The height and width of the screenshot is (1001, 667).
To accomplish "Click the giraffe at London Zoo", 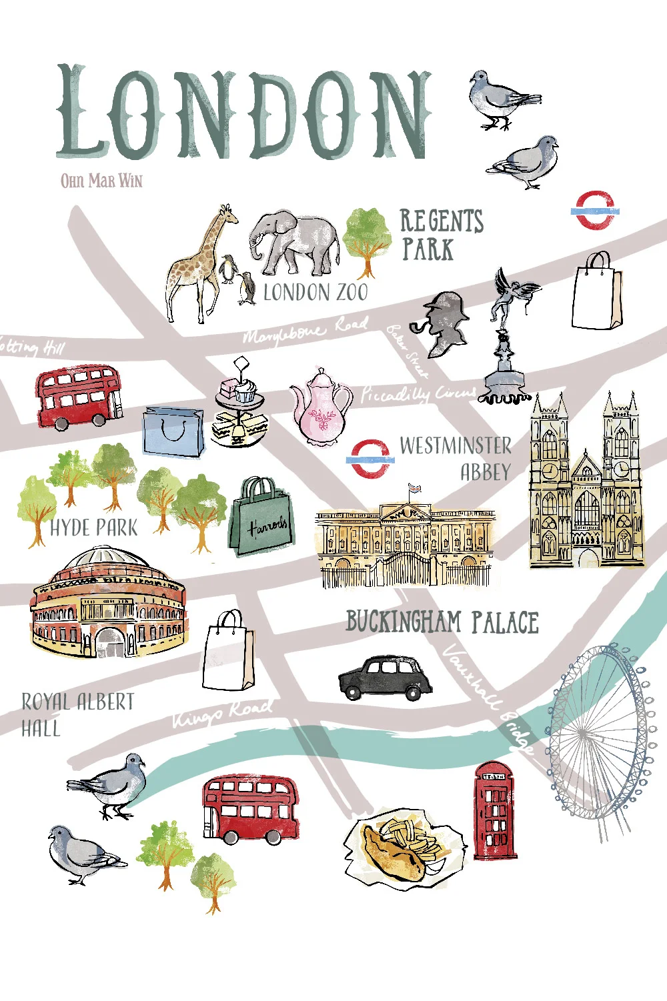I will (197, 267).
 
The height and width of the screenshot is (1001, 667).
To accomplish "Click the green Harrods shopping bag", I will (261, 517).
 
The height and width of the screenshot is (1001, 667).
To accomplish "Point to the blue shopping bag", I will (173, 432).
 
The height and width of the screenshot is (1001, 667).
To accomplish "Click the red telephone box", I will (495, 811).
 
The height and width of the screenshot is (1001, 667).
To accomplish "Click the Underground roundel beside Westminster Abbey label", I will (370, 459).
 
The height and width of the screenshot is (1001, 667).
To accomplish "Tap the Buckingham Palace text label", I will (442, 622).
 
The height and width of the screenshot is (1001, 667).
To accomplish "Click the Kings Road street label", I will (222, 713).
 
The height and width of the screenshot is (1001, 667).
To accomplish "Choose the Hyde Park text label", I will (93, 528).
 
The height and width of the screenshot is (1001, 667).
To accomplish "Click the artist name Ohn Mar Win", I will (101, 181).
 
